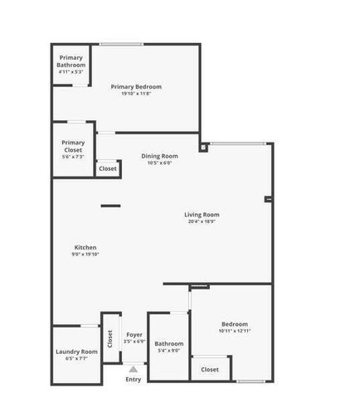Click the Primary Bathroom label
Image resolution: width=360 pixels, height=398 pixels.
coord(71,61)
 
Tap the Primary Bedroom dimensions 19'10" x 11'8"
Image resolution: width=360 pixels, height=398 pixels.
coord(136,94)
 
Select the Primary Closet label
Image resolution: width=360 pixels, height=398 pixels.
coord(72,146)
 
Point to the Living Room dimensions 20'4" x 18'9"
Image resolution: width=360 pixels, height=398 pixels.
coord(202,221)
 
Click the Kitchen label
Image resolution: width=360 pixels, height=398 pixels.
coord(86,247)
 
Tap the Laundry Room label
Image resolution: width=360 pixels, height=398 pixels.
coord(76,352)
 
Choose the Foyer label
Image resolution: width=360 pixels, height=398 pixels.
coord(134,334)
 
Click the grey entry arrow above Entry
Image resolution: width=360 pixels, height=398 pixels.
coord(134,370)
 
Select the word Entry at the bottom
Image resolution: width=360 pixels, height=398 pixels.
coord(134,380)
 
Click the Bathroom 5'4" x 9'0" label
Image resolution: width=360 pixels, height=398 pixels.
coord(168,343)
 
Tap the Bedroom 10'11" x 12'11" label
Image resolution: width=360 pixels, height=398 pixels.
coord(234,324)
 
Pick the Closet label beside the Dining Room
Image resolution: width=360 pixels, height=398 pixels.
coord(108,169)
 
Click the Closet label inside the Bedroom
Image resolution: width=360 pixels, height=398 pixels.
coord(210,370)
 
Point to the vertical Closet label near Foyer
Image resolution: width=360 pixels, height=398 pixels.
coord(109,340)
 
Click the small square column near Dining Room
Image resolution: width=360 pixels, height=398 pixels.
coord(203,149)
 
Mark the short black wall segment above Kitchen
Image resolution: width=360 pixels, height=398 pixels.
coord(110,206)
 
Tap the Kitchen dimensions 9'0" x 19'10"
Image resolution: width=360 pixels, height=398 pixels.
coord(86,255)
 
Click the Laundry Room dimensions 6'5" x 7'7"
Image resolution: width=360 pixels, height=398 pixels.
coord(76,359)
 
